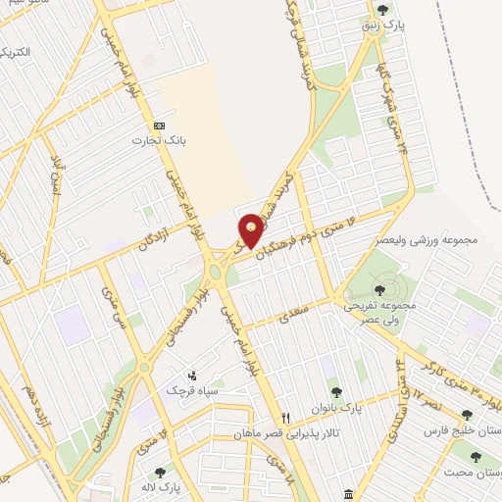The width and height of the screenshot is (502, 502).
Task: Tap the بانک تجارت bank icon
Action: tap(159, 125)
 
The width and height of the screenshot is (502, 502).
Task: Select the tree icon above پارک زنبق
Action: tap(396, 10)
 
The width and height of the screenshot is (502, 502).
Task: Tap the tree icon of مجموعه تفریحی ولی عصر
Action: tap(379, 289)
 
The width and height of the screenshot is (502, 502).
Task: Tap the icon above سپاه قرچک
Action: tap(192, 375)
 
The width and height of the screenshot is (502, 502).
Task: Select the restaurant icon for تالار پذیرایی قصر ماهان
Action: tap(286, 417)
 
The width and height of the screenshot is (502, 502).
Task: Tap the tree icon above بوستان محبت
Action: tap(476, 457)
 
